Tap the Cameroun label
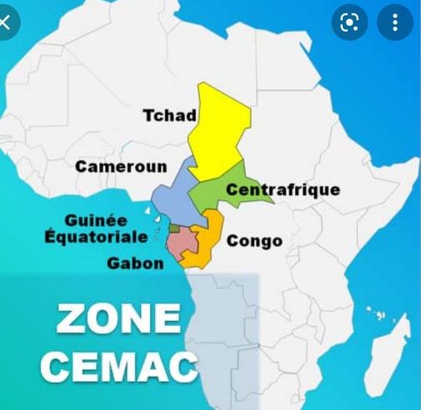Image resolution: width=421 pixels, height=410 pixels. [120, 167]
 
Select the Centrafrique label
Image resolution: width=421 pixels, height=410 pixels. [283, 190]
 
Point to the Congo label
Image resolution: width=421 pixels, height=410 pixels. [254, 242]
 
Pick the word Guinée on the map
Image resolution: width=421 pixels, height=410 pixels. [96, 221]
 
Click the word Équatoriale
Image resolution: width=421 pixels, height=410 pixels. [96, 237]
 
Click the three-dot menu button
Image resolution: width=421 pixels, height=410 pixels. [394, 22]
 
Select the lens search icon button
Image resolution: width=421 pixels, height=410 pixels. [349, 22]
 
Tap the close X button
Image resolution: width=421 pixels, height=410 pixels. [7, 22]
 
